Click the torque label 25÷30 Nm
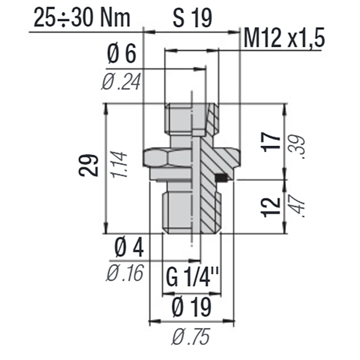click(x=81, y=19)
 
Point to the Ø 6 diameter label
click(x=121, y=55)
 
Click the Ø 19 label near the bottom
click(x=192, y=308)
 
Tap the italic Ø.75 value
click(x=192, y=336)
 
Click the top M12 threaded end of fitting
click(x=180, y=119)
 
